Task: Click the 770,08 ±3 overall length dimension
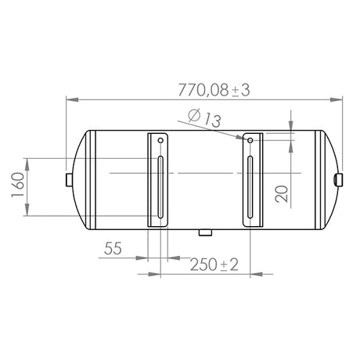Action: (x=214, y=90)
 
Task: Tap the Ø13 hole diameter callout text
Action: (x=204, y=118)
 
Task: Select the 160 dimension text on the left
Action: (x=18, y=185)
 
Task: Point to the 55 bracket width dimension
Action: (x=113, y=248)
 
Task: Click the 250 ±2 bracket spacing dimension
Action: (x=214, y=265)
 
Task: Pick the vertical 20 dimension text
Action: (x=282, y=194)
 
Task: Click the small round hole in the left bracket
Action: (x=160, y=141)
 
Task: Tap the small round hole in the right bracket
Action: (x=250, y=141)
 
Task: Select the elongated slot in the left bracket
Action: (x=160, y=187)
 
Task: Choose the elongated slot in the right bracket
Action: (x=250, y=187)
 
